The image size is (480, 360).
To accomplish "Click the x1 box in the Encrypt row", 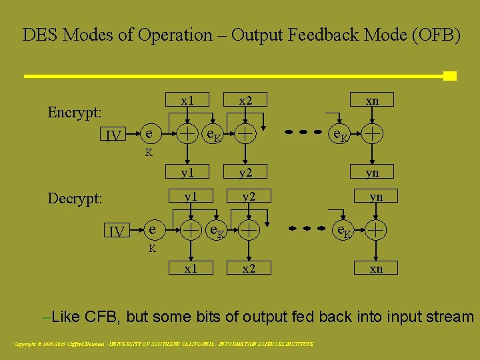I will pyautogui.click(x=188, y=101).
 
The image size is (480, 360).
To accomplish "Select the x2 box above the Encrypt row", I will pyautogui.click(x=246, y=101).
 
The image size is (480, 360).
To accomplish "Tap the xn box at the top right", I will pyautogui.click(x=373, y=101).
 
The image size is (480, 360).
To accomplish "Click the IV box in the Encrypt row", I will pyautogui.click(x=114, y=136).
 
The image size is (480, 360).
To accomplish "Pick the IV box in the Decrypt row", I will pyautogui.click(x=117, y=231).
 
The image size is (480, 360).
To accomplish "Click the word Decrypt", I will pyautogui.click(x=75, y=199).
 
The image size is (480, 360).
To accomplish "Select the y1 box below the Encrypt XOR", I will pyautogui.click(x=188, y=173).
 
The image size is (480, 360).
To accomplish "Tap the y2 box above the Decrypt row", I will pyautogui.click(x=249, y=196).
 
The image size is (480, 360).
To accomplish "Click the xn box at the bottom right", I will pyautogui.click(x=376, y=268).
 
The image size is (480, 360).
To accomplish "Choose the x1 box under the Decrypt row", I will pyautogui.click(x=191, y=268).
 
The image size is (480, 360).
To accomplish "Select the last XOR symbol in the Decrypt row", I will pyautogui.click(x=377, y=230).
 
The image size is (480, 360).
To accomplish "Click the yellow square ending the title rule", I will pyautogui.click(x=450, y=76).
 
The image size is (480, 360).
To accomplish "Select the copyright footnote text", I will pyautogui.click(x=164, y=344).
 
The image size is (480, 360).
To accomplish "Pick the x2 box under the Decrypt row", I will pyautogui.click(x=249, y=268).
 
